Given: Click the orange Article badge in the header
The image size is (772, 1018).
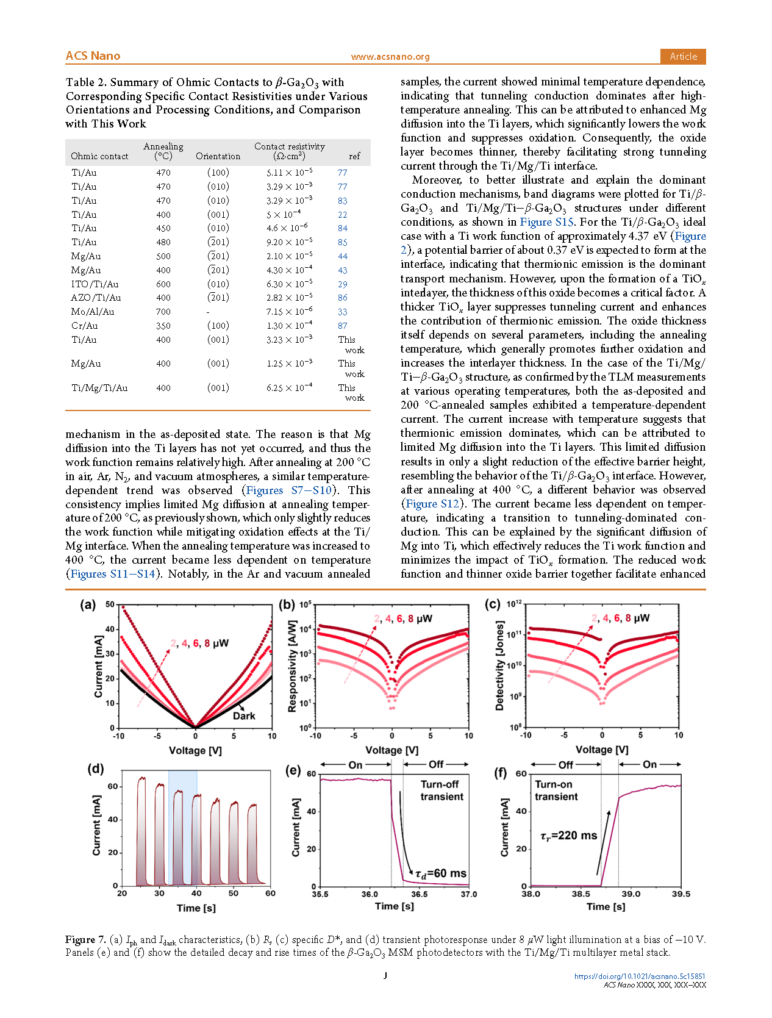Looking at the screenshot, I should click(683, 56).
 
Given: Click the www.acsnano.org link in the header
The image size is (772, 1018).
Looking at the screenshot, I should click(390, 57).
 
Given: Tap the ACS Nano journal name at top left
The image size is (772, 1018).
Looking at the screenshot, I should click(93, 56).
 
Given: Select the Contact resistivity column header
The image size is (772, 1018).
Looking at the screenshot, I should click(289, 151).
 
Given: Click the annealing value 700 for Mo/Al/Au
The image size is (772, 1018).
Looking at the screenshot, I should click(163, 312).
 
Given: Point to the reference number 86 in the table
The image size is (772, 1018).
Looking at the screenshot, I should click(343, 298).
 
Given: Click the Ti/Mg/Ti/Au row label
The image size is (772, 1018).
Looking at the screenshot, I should click(99, 388).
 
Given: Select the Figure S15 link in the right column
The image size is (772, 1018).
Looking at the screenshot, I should click(546, 222).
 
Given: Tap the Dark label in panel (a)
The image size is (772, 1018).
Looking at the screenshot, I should click(244, 716).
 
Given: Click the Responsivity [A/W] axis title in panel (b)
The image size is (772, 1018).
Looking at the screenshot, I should click(292, 666).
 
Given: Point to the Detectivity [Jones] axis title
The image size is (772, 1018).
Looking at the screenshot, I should click(500, 665).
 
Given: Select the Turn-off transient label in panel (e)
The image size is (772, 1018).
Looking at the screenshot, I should click(441, 790).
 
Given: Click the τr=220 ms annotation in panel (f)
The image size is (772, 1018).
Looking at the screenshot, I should click(568, 836).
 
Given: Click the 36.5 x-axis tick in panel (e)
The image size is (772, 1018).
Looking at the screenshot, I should click(419, 894).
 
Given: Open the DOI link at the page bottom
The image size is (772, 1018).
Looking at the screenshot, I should click(640, 976).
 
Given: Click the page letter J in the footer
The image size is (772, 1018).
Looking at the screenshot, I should click(385, 975).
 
